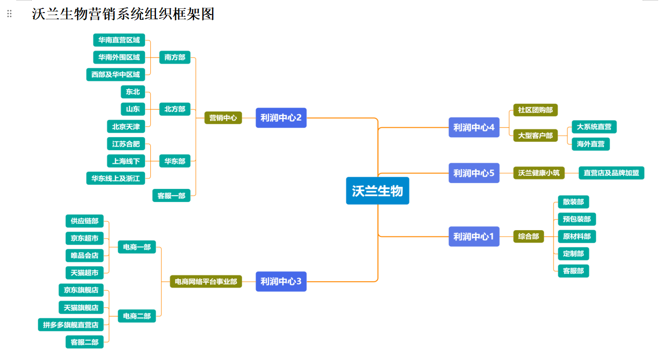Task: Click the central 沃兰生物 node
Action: pos(377,191)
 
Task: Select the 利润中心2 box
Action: pos(281,117)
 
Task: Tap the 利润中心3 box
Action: pos(281,282)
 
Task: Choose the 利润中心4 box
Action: pos(474,127)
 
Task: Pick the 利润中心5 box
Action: pos(474,173)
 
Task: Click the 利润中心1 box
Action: pos(474,236)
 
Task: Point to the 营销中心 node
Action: pos(223,118)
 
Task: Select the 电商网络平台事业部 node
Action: pos(206,282)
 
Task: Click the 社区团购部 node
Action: pos(535,110)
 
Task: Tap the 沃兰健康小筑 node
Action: pos(539,173)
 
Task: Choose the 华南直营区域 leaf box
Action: pos(119,40)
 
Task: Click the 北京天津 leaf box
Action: pos(126,126)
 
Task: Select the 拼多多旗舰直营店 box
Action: pos(70,325)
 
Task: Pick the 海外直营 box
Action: pos(590,144)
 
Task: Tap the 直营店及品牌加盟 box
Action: pos(611,173)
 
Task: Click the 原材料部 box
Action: pos(576,236)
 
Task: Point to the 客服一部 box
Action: pos(171,196)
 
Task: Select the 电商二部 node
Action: pos(137,316)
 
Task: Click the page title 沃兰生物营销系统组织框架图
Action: pos(123,14)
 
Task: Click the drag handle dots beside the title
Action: pos(9,14)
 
